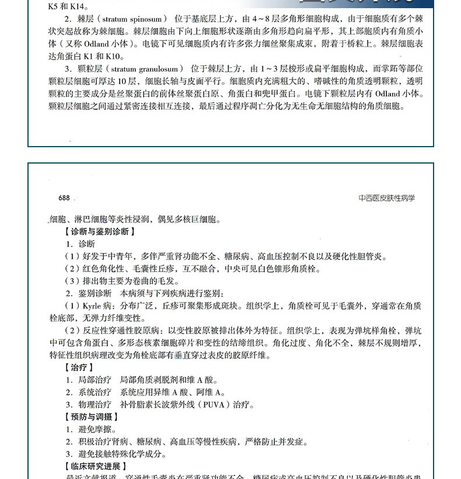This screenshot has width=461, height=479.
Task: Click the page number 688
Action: (60, 198)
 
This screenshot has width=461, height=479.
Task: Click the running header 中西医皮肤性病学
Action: (386, 198)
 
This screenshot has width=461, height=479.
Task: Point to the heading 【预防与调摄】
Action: (90, 416)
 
